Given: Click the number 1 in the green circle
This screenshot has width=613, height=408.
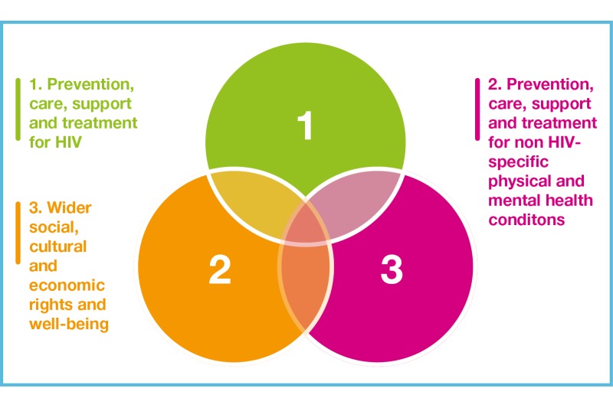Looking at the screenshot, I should [306, 127].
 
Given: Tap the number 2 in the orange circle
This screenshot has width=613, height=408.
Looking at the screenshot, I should [219, 271].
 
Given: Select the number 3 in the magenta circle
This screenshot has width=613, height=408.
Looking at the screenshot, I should [391, 270].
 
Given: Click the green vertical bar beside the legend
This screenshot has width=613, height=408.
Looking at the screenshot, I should [18, 109].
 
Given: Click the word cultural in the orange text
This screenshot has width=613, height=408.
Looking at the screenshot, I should [57, 246].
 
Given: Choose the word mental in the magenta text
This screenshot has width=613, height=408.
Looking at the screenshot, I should [512, 200].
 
